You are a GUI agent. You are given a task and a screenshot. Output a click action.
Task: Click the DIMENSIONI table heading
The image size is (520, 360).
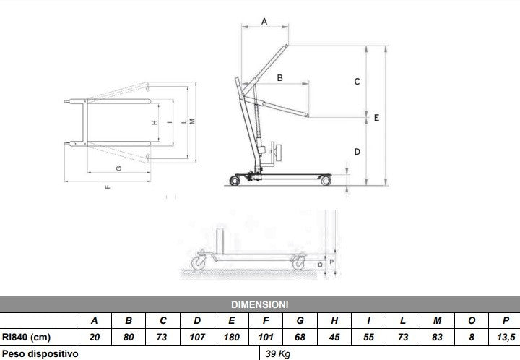tap(259, 304)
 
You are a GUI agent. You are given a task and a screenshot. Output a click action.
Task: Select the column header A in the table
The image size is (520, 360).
tap(95, 320)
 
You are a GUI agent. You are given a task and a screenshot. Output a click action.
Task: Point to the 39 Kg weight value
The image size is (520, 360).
tap(279, 353)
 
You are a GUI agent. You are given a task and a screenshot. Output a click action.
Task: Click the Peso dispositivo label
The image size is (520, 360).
tap(40, 353)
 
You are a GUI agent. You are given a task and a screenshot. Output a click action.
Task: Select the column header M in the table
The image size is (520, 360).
tap(437, 320)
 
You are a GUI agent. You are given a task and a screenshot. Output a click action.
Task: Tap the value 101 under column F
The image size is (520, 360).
tap(265, 337)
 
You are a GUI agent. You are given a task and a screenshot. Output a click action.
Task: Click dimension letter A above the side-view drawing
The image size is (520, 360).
tap(264, 22)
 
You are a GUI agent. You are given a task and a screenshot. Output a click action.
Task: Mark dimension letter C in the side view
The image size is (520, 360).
tap(357, 82)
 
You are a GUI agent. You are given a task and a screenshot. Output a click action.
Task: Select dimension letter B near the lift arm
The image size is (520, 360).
tap(279, 77)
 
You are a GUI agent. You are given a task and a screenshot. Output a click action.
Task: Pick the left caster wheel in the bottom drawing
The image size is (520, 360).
tap(199, 260)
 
